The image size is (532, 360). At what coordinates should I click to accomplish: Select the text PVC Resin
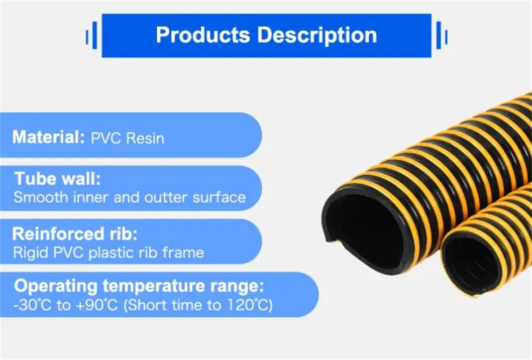point(128,138)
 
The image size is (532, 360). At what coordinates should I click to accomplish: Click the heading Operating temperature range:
point(139,287)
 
